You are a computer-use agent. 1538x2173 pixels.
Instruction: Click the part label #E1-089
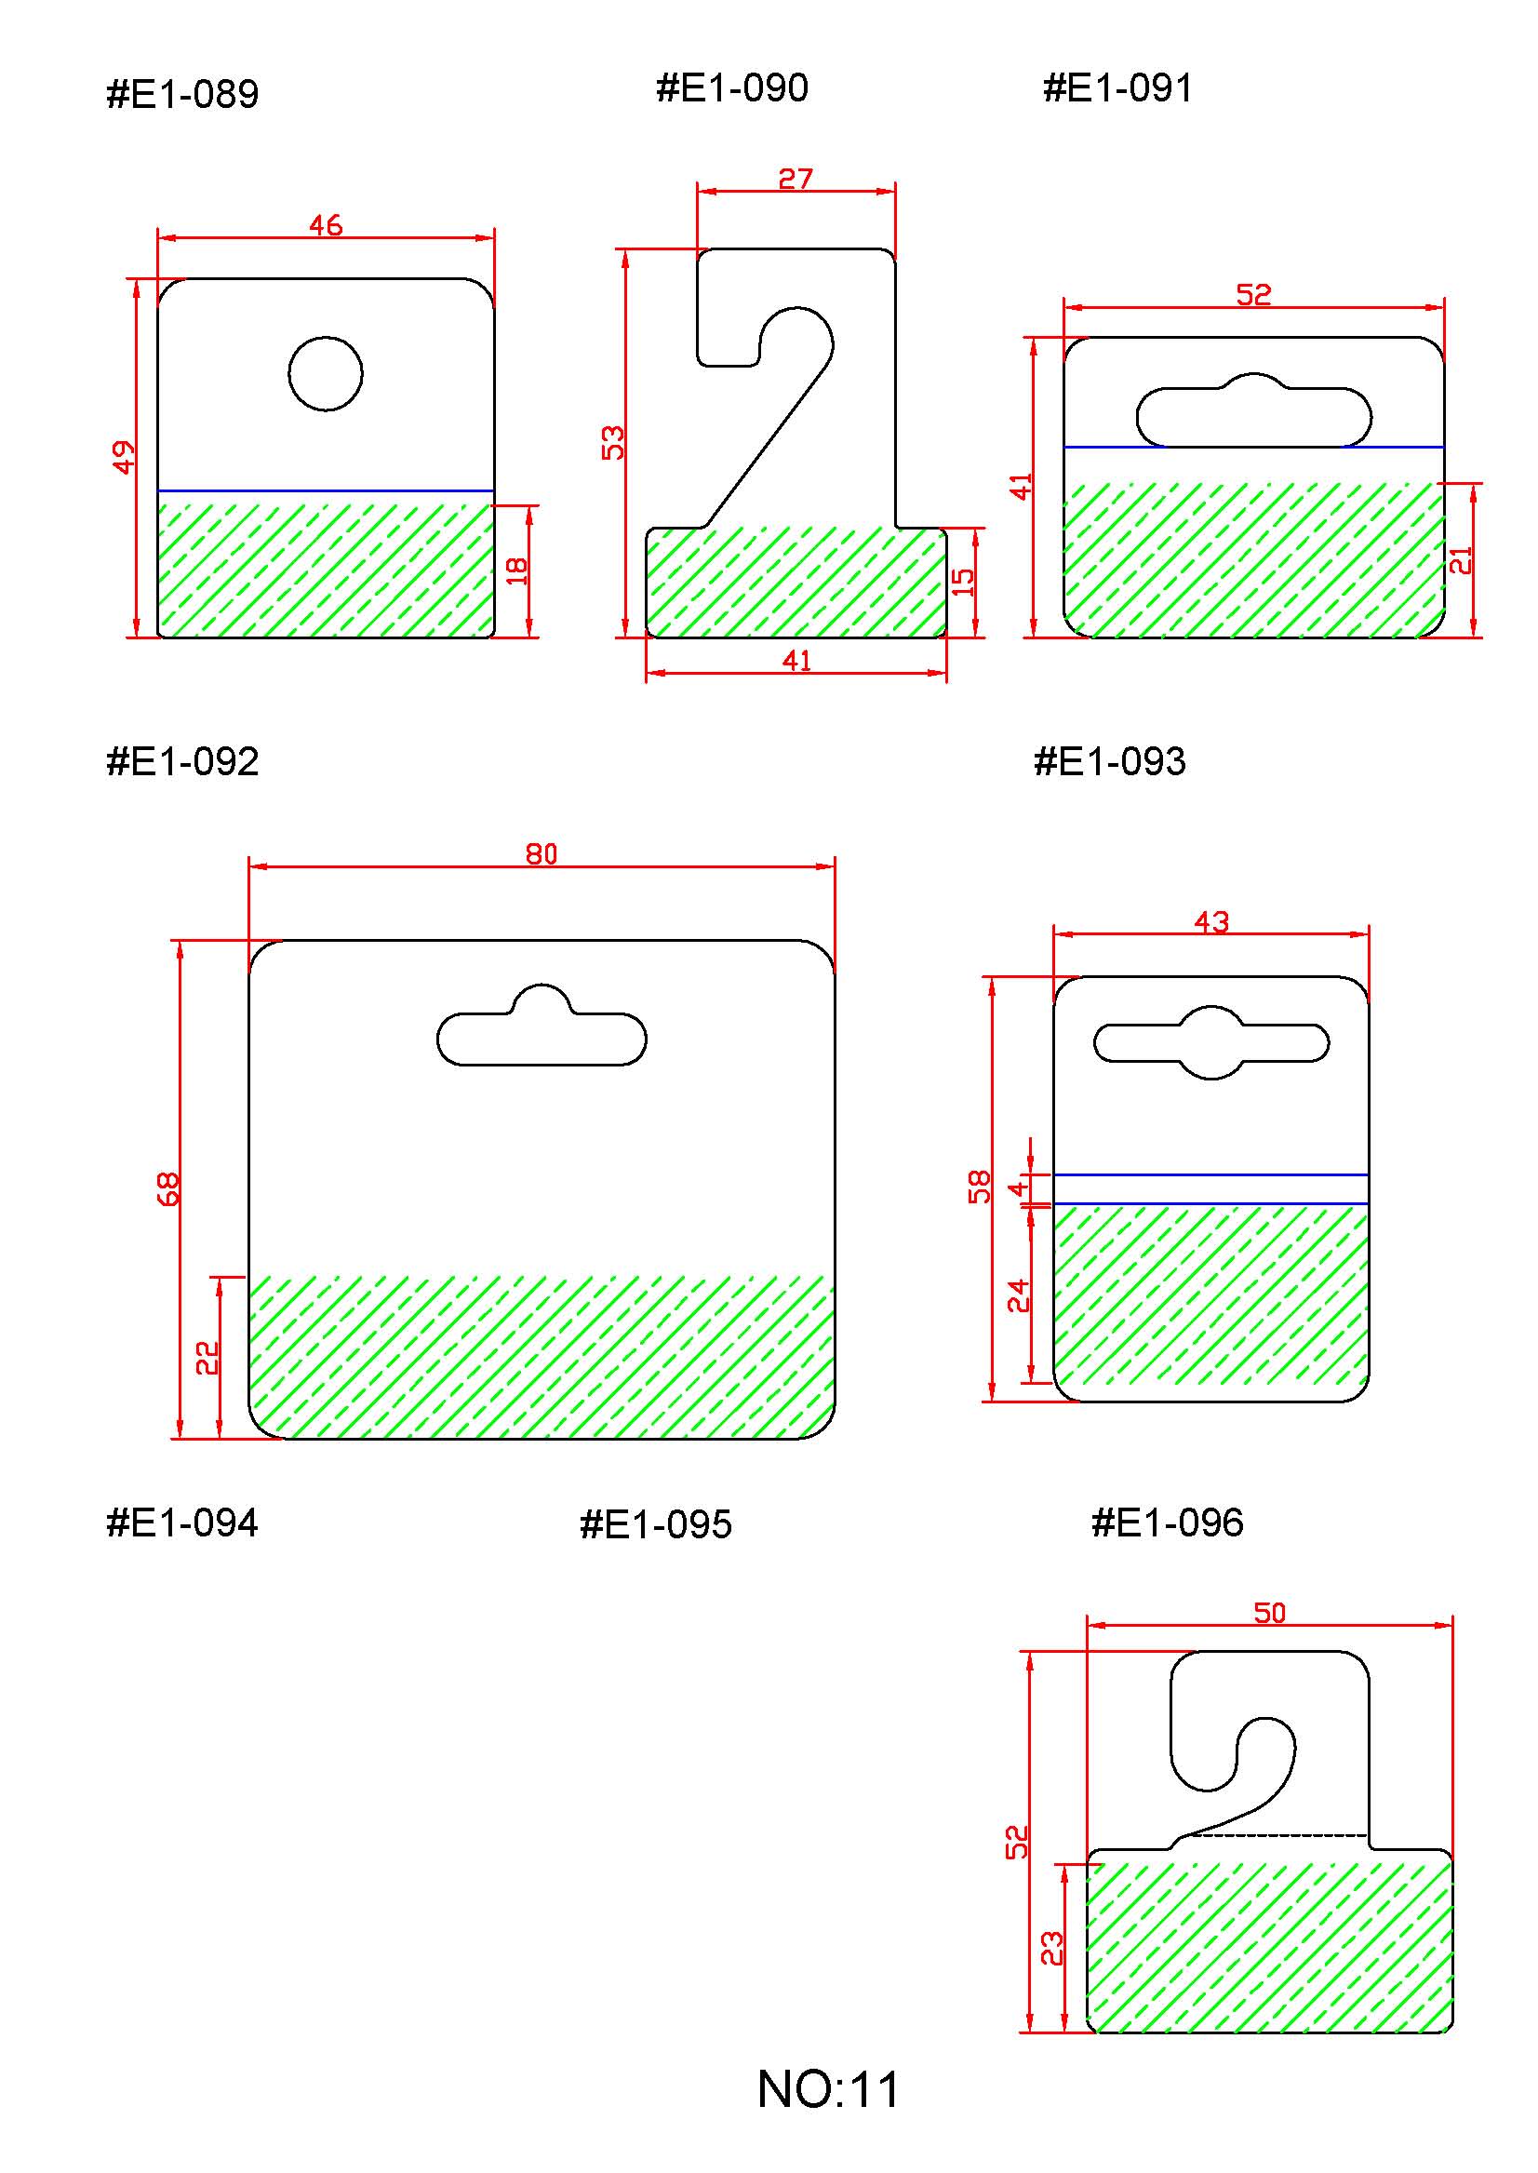(182, 95)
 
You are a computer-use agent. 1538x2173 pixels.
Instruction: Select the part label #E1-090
(732, 88)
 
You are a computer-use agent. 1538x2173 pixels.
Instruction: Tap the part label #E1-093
(1109, 761)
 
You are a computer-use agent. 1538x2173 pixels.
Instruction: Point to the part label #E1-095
(655, 1524)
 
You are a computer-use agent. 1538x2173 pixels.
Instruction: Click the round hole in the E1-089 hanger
(326, 373)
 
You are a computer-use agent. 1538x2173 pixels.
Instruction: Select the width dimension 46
(326, 225)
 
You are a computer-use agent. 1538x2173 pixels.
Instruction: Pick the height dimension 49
(124, 458)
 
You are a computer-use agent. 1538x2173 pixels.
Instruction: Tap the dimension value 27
(796, 179)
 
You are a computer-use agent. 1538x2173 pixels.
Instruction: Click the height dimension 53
(614, 442)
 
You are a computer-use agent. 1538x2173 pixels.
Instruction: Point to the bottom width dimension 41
(796, 660)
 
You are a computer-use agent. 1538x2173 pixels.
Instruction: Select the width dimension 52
(1253, 295)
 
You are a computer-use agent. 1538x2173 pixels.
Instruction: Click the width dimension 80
(541, 854)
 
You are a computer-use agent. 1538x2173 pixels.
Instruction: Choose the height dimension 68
(167, 1188)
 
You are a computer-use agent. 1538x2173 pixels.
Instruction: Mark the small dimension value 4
(1017, 1187)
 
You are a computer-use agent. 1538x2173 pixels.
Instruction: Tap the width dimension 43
(1211, 921)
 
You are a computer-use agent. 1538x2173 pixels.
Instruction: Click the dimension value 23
(1052, 1949)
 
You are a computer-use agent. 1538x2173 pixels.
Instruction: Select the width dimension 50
(1270, 1613)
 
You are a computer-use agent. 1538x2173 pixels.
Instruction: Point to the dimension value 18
(516, 570)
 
